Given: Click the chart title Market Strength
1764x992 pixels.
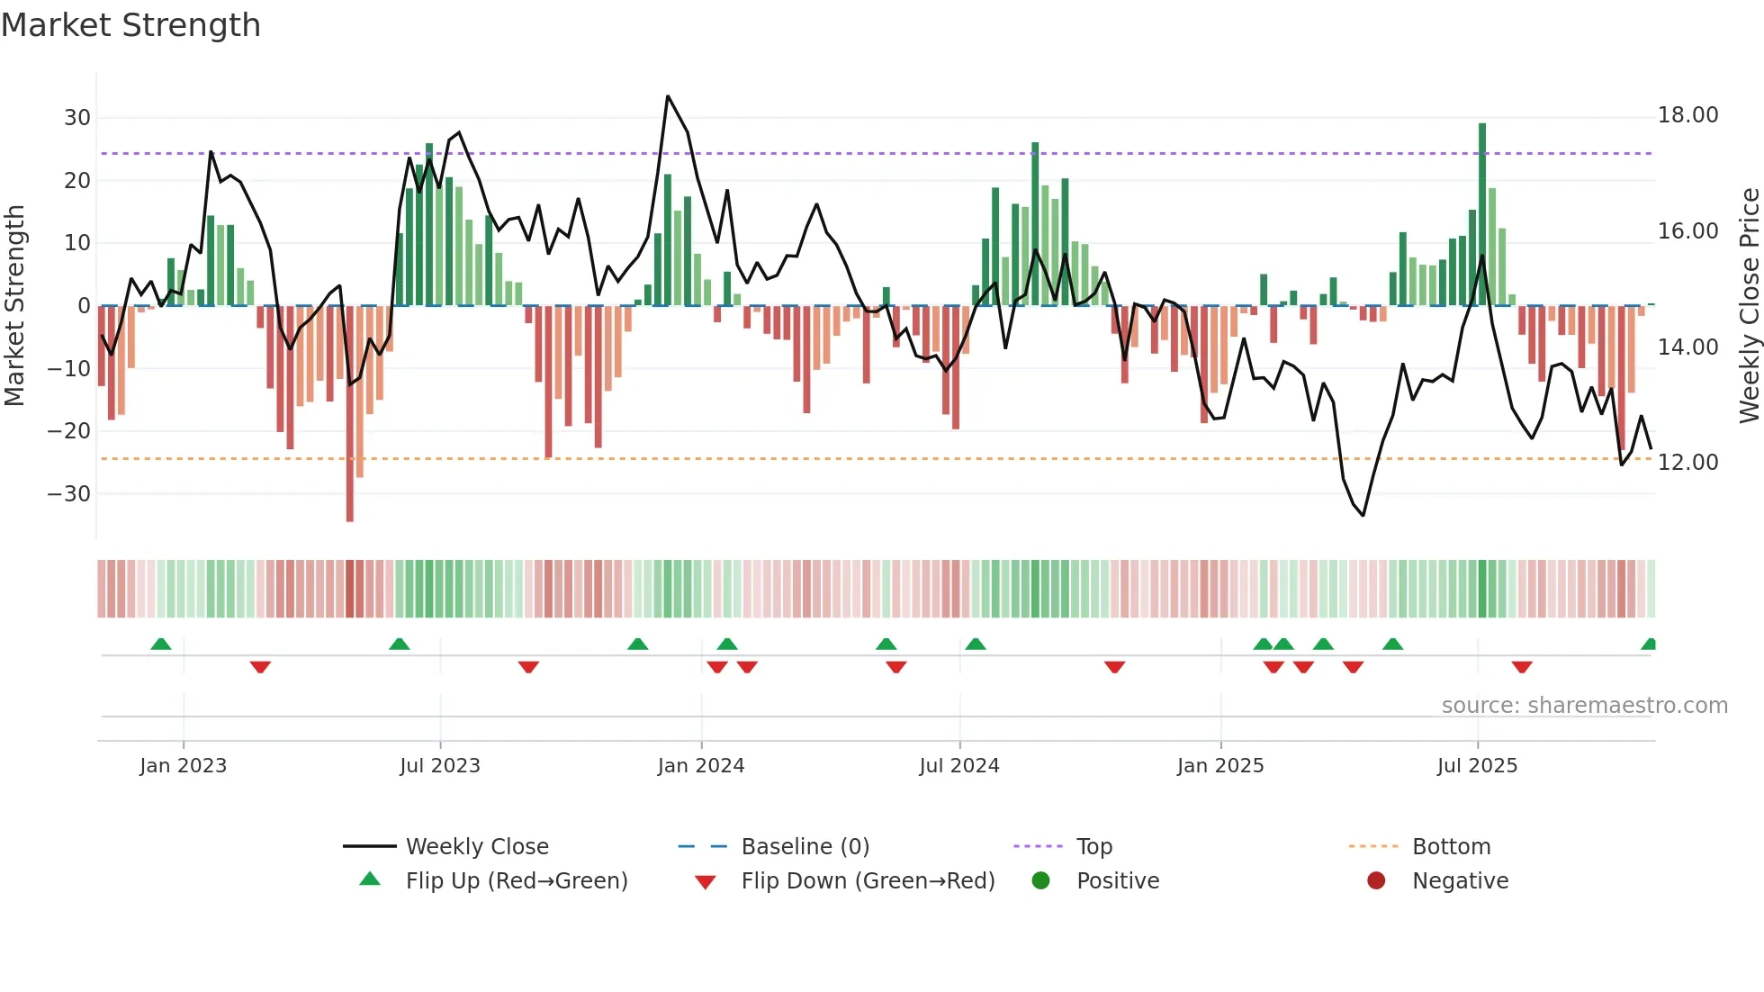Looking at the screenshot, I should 130,25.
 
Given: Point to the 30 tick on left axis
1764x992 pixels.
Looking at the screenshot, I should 76,118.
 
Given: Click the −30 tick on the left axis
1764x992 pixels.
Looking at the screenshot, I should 69,494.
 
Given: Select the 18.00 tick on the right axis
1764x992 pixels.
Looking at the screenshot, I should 1687,115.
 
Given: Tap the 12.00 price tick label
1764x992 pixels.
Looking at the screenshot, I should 1687,463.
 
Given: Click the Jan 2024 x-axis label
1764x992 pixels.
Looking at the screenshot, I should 701,766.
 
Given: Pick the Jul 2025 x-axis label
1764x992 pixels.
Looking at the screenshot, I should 1477,766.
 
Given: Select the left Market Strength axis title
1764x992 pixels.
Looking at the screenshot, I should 14,306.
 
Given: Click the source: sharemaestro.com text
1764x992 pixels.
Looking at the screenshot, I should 1584,706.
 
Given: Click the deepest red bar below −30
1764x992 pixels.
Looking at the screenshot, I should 350,414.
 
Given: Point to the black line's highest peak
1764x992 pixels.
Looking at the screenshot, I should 668,96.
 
